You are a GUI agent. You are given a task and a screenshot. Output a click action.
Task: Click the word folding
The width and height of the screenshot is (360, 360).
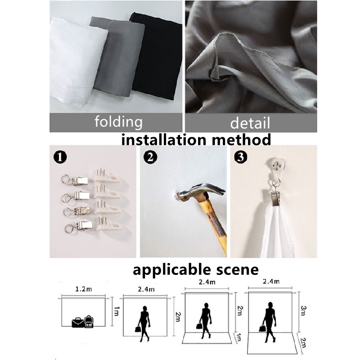pos(118,121)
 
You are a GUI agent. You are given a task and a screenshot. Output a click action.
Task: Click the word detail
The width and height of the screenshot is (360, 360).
pos(250,123)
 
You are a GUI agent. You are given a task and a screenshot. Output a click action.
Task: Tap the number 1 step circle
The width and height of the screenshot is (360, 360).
pos(60,157)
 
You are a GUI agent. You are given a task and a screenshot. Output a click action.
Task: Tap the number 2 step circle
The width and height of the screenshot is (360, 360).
pos(150,157)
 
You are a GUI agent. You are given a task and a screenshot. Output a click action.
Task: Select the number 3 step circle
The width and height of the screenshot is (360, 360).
pos(241,157)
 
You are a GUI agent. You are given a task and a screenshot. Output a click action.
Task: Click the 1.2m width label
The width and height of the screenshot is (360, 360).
pos(84,289)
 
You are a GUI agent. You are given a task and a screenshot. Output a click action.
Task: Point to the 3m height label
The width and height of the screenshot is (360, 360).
pos(303,310)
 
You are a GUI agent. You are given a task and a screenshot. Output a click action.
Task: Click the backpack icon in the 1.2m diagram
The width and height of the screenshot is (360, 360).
pos(89,321)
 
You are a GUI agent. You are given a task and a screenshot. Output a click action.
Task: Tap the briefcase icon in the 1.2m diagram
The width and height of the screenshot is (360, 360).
pos(78,322)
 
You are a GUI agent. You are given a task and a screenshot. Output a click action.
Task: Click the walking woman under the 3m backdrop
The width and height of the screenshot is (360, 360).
pos(268,322)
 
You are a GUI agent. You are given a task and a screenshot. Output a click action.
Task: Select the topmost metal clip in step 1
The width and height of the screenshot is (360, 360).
pos(75,180)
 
